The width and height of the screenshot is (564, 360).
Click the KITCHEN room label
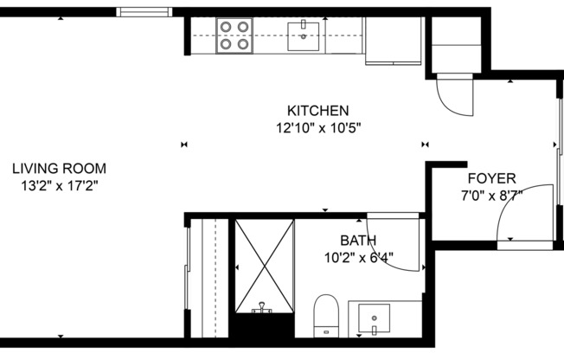(317, 111)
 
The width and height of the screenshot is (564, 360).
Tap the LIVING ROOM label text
(59, 169)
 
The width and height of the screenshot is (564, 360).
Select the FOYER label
(491, 178)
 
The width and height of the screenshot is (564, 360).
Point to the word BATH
(357, 240)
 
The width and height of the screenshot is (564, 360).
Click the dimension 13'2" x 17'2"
(59, 185)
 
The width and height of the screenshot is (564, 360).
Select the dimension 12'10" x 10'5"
(317, 127)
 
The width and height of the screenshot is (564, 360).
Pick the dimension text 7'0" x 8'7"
(491, 195)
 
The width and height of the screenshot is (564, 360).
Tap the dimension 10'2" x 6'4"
(357, 256)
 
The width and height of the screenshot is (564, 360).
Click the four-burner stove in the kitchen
(234, 35)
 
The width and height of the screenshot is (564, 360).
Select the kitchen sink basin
(304, 35)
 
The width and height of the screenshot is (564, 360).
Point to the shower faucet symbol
(260, 308)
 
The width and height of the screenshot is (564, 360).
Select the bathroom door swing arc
(396, 247)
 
